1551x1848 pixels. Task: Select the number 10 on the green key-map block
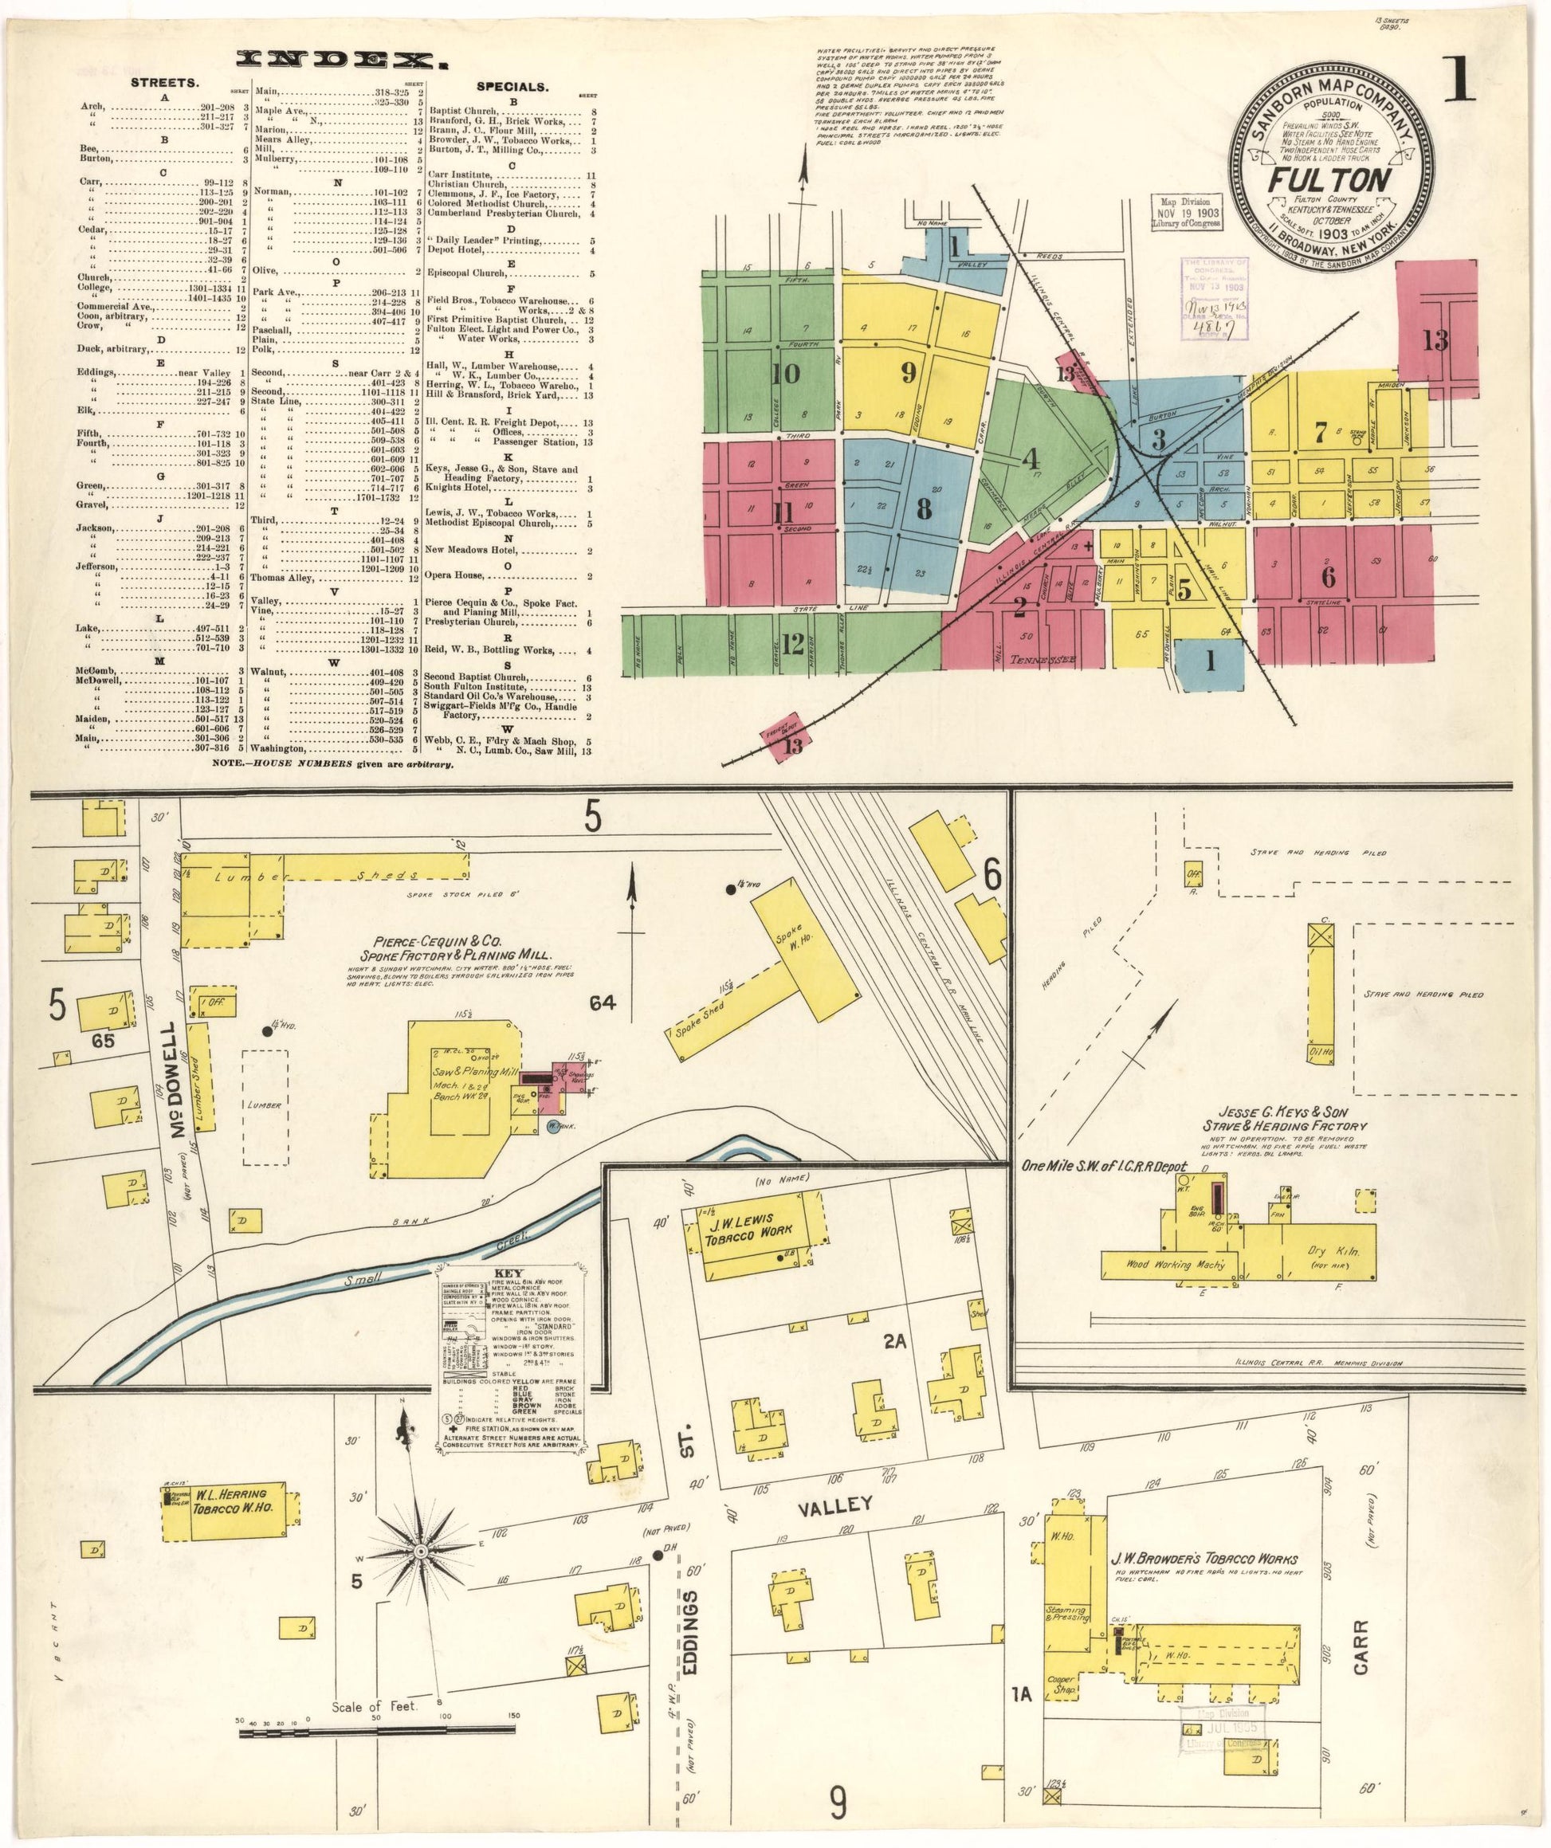click(785, 375)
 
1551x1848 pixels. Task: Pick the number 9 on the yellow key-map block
click(909, 373)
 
